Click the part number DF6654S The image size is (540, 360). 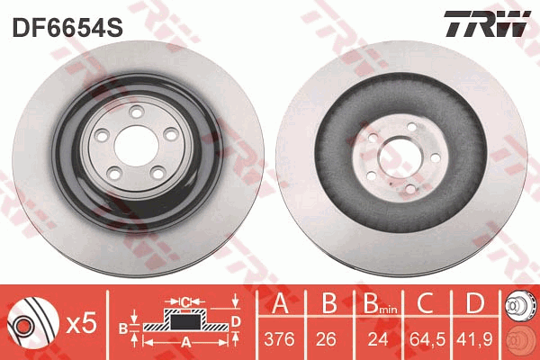67,28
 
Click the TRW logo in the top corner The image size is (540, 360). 487,23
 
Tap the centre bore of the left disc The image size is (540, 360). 137,146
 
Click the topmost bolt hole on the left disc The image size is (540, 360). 137,112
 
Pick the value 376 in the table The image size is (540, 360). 279,339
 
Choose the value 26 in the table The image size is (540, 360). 326,339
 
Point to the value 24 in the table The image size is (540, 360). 378,339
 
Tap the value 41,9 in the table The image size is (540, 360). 474,339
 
